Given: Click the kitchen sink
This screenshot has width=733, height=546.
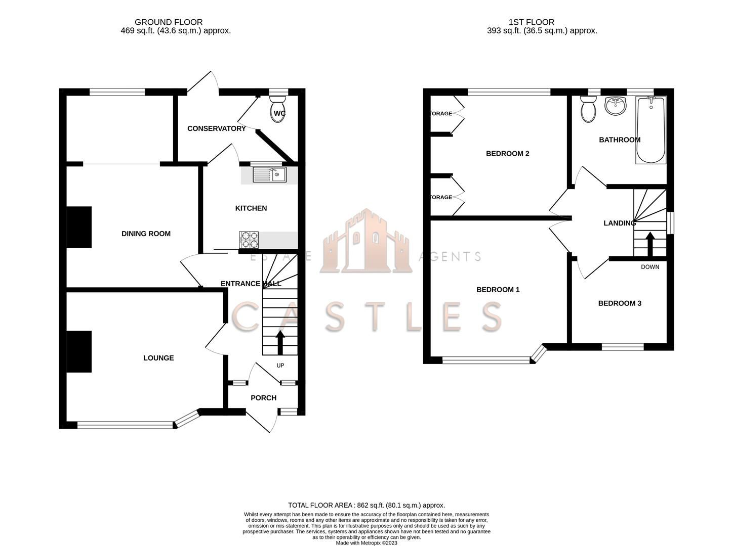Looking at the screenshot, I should coord(269,175).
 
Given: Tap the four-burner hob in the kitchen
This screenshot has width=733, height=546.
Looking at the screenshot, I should coord(249,240).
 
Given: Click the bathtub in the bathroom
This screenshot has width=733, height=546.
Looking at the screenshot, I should coord(650,130).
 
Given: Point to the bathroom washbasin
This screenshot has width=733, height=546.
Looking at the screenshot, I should coord(616,106).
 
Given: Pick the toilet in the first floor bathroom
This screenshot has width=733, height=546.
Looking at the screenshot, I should coord(588,109).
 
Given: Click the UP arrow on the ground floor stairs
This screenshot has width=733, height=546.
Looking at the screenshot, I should coord(280,342).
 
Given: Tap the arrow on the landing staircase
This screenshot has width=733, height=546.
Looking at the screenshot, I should coord(649,244).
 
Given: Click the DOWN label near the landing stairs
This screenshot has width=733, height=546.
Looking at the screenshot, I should coord(650,267).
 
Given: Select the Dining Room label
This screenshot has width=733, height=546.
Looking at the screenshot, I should coord(146,234).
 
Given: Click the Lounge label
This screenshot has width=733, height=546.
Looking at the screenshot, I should coord(158,358).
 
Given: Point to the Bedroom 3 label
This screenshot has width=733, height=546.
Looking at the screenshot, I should coord(620,303).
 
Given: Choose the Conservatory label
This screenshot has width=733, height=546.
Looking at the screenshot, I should coord(216,128).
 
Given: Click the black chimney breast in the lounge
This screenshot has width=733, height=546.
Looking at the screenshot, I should coord(79,352).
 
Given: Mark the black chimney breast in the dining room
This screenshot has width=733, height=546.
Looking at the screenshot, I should coord(79,227).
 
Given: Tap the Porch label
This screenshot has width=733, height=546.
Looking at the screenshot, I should coord(263,398).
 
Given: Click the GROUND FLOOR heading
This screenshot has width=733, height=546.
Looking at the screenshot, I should coord(169,22).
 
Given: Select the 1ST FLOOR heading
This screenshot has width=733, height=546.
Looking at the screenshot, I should coord(531,22).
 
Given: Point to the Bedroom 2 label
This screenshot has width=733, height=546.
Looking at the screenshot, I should coord(507,154).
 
